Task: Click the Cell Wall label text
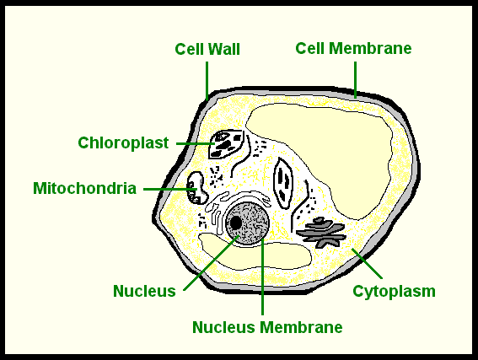click(x=207, y=49)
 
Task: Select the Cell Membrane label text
click(x=353, y=48)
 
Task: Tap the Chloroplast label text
click(x=123, y=142)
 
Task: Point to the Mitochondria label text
click(x=84, y=187)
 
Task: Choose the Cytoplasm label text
click(x=394, y=292)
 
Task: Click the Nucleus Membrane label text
click(x=267, y=326)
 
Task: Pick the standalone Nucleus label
click(x=144, y=292)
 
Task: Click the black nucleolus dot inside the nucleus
click(x=236, y=223)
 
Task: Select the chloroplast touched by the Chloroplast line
click(x=226, y=144)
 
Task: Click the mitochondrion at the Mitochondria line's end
click(x=197, y=187)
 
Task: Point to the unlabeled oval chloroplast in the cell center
click(x=284, y=184)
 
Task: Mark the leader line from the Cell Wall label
click(x=207, y=79)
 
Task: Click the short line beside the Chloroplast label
click(x=194, y=143)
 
